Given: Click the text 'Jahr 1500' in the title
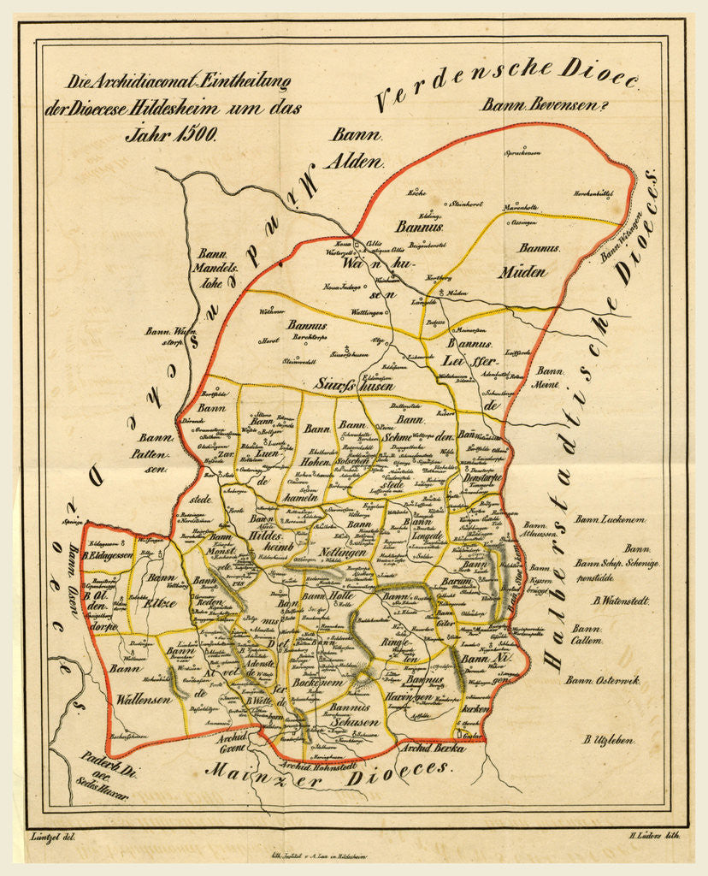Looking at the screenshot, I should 172,133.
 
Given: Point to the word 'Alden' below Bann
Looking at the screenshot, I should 357,159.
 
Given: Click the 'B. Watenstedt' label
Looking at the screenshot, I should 614,601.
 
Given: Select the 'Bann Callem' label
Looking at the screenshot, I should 587,634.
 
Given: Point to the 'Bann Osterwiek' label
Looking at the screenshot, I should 603,680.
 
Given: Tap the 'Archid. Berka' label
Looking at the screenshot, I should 432,747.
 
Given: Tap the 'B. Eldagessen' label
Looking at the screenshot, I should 110,555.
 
